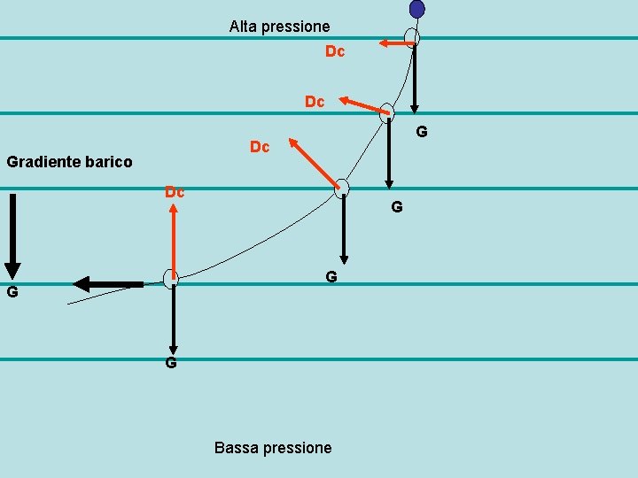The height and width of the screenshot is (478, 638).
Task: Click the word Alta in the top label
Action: (244, 27)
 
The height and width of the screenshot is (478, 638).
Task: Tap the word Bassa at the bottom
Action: (235, 448)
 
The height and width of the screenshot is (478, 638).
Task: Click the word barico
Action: (111, 162)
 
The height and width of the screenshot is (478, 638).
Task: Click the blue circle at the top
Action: (416, 9)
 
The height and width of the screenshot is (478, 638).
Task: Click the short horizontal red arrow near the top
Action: (394, 42)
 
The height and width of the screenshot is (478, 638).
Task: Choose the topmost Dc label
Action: (335, 52)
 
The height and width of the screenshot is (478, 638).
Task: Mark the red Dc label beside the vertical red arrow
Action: (175, 192)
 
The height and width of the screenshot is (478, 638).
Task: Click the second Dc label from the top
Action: (315, 102)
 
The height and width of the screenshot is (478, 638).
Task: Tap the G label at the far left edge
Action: (12, 292)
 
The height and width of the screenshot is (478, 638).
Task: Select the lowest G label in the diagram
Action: (171, 363)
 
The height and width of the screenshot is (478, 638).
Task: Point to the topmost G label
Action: (422, 132)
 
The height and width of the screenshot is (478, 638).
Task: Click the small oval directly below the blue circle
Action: (411, 38)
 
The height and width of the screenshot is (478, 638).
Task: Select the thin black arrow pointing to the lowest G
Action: (174, 319)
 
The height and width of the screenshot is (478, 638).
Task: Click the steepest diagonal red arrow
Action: (314, 163)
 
